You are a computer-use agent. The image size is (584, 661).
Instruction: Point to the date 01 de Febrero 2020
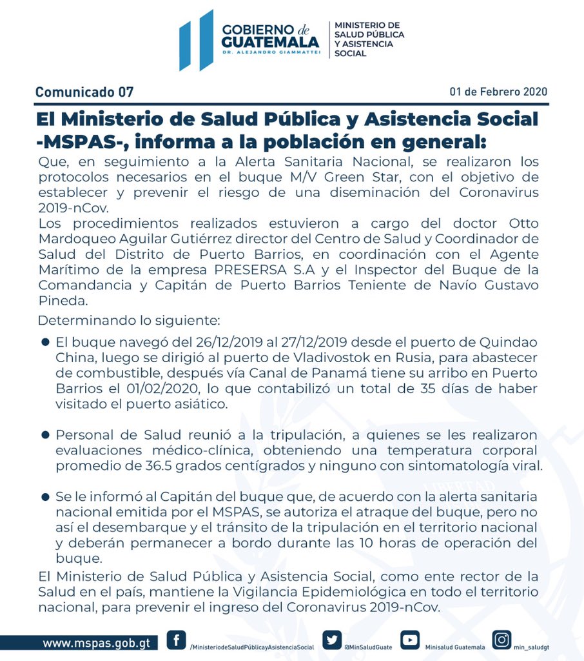point(498,92)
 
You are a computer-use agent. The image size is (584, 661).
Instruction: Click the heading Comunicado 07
point(84,92)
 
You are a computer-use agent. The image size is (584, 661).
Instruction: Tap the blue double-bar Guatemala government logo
point(196,40)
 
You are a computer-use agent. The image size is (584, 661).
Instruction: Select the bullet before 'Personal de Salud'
point(45,435)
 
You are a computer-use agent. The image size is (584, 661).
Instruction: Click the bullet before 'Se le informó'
point(45,496)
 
